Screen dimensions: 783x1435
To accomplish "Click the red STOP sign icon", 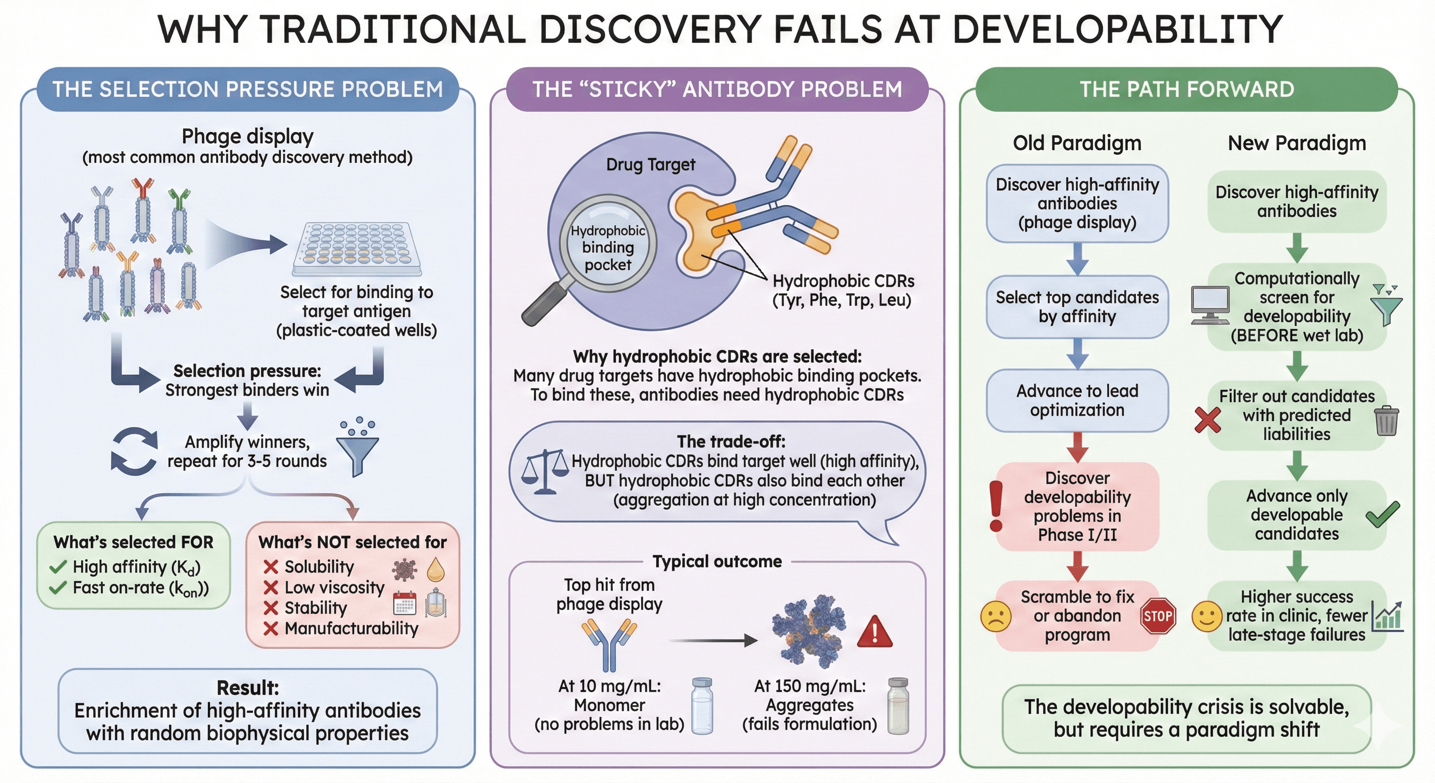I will click(1158, 616).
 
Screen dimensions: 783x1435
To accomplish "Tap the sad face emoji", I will click(995, 616).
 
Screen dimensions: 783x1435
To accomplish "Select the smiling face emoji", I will click(1207, 616).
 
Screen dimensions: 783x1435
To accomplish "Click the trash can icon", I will click(1386, 421).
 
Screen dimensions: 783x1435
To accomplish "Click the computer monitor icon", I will click(1210, 304).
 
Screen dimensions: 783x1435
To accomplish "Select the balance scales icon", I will click(545, 472).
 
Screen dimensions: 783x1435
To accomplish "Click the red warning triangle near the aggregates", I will click(874, 633).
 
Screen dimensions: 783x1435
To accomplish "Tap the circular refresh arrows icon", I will click(134, 452).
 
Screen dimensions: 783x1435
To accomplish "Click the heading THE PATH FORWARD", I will click(1186, 89).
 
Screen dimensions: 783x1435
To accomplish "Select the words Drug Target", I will click(650, 165).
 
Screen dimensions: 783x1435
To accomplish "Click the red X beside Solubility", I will click(271, 567).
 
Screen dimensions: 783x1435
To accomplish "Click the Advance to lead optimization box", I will click(1077, 400).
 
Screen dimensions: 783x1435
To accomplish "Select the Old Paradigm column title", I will click(1077, 143).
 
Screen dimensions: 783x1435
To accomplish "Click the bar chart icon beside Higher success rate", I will click(1388, 616).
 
